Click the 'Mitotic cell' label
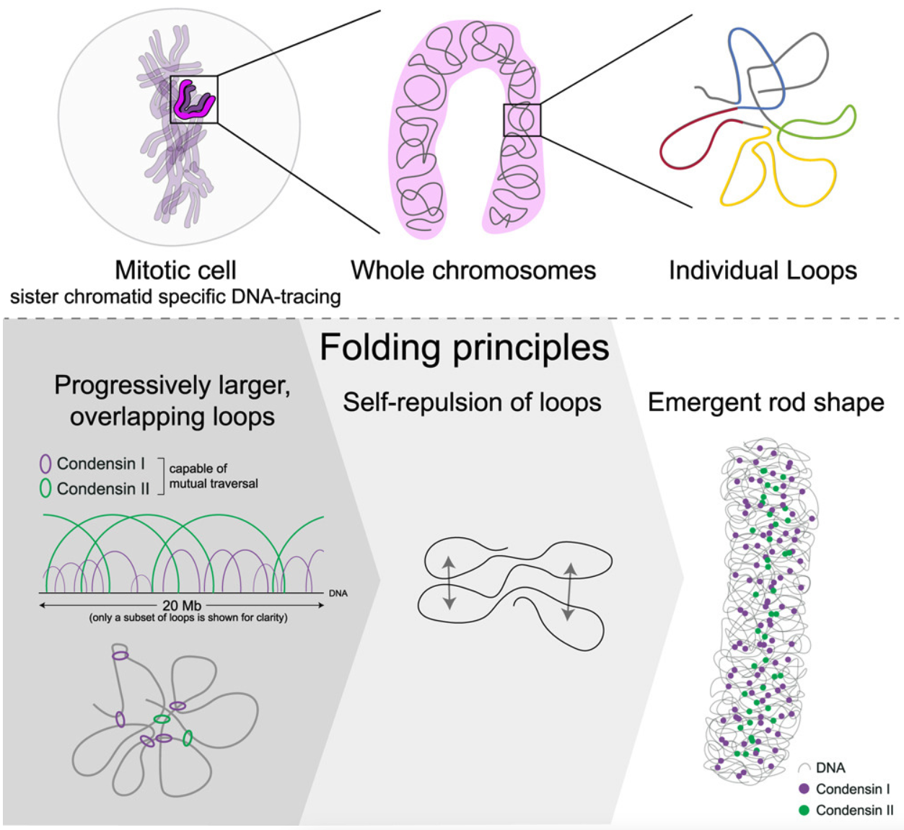click(x=175, y=270)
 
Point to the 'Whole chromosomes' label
click(x=473, y=270)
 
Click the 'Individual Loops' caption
click(x=763, y=270)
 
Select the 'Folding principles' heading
click(x=464, y=347)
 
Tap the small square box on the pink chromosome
click(x=522, y=120)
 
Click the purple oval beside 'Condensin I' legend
click(x=45, y=464)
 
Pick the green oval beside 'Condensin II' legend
click(x=45, y=488)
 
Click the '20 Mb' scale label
click(x=182, y=605)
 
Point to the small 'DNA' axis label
click(x=338, y=593)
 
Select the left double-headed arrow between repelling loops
click(x=448, y=583)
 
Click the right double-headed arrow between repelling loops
click(x=569, y=591)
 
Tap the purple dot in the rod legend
click(x=804, y=789)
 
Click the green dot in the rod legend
click(x=804, y=810)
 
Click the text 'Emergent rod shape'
click(x=765, y=402)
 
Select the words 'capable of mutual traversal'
click(x=213, y=476)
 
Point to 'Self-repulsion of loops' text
click(x=472, y=402)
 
